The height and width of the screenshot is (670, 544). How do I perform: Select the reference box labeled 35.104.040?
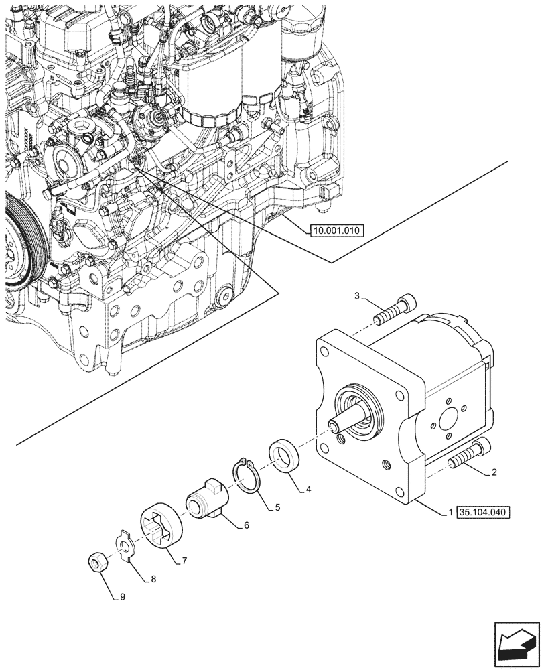pyautogui.click(x=483, y=513)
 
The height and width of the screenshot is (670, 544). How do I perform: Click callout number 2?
pyautogui.click(x=494, y=472)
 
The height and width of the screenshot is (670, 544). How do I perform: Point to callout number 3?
pyautogui.click(x=358, y=296)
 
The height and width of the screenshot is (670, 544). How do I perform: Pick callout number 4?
pyautogui.click(x=309, y=490)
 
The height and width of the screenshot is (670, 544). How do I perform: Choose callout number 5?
pyautogui.click(x=277, y=508)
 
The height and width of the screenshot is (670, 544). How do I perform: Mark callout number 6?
pyautogui.click(x=246, y=526)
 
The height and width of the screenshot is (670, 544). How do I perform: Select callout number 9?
pyautogui.click(x=123, y=595)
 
